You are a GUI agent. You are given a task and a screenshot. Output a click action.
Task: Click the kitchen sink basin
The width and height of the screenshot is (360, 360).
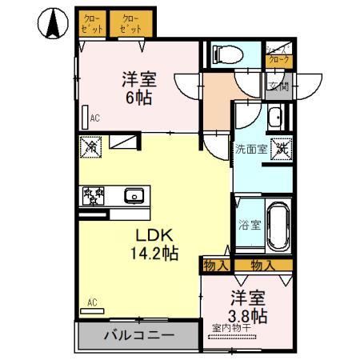point(134,194)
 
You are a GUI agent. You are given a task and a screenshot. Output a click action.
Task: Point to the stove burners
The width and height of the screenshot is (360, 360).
point(93,194)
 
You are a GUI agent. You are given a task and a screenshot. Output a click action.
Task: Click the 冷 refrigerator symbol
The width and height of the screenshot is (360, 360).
point(91,147)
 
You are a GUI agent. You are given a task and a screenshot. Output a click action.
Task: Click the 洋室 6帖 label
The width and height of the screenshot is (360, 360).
point(138,89)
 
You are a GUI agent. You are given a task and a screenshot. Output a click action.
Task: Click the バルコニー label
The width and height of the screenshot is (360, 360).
point(138,335)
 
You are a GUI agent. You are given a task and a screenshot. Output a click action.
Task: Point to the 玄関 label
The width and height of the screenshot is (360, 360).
point(278,87)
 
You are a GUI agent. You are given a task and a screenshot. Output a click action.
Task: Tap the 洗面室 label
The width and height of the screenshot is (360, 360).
point(249,148)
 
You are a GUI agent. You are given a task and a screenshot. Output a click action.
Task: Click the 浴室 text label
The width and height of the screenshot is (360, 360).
point(248,225)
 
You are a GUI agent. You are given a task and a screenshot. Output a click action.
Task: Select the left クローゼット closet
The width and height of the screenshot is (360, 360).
point(93,23)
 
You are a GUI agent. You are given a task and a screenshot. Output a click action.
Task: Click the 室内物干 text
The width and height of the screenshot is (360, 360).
point(232,326)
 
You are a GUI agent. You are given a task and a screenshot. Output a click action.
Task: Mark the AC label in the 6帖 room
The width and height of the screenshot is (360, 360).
point(94,118)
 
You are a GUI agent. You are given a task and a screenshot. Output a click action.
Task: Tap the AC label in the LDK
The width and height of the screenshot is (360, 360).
point(92,302)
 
